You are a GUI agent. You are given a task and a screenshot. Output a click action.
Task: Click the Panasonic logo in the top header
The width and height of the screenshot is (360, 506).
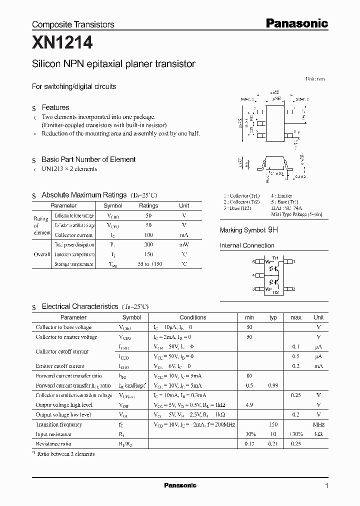point(296,23)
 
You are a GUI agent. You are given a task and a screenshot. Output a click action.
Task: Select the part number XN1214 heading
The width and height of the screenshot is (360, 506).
point(62,44)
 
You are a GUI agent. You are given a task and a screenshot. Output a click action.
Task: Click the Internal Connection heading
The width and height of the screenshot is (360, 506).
point(247,245)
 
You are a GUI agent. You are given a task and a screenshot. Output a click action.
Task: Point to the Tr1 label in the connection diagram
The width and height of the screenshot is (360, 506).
point(274,257)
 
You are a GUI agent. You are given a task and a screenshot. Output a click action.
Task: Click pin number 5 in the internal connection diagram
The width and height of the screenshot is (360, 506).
point(254,261)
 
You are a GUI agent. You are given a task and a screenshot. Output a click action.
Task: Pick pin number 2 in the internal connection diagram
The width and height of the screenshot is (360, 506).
point(294,289)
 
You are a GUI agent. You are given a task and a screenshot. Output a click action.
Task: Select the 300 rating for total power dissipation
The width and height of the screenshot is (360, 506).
point(148,245)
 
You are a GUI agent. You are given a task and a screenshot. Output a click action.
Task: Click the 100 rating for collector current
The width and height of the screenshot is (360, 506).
point(148,235)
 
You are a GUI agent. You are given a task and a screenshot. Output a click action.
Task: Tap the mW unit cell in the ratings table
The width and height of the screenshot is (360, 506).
point(184,245)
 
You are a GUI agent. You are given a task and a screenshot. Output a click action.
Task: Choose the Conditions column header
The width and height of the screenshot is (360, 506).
point(192,317)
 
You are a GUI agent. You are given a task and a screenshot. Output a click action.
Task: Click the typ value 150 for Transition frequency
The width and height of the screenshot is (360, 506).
point(273,424)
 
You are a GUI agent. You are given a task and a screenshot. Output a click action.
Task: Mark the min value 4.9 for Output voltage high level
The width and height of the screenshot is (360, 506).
point(249,405)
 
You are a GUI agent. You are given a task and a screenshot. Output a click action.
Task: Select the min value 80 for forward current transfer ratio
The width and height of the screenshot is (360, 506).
point(249,376)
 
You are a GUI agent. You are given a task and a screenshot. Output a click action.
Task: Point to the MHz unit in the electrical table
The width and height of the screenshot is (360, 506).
point(318,424)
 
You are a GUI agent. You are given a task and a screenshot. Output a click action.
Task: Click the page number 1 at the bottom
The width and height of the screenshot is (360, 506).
point(326,485)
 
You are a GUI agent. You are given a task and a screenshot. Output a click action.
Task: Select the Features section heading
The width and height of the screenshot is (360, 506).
point(55,107)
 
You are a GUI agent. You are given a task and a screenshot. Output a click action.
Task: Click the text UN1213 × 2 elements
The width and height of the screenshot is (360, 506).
point(69,169)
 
